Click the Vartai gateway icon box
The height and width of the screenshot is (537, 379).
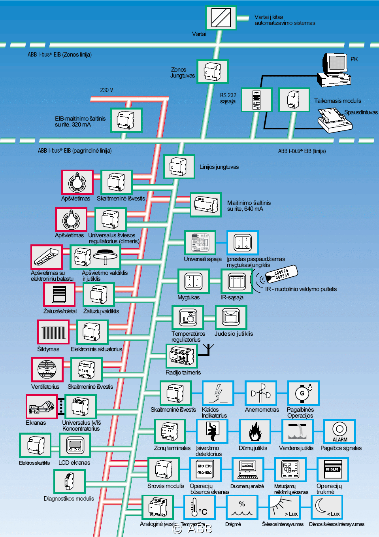pos(221,18)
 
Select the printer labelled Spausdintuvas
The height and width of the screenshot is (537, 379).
pos(334,119)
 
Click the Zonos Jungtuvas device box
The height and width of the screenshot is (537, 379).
pos(213,72)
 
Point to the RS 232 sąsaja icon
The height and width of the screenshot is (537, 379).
pos(256,100)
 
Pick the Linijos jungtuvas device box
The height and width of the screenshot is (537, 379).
pos(179,167)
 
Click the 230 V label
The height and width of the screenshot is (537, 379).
pos(107,90)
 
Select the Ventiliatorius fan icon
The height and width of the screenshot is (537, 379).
pos(47,370)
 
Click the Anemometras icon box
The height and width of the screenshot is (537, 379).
pos(260,393)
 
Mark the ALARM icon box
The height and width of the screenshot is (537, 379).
pos(339,431)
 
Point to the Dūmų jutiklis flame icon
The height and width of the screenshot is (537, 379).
pos(255,431)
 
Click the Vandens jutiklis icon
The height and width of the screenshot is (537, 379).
pos(298,431)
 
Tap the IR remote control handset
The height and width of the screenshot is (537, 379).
pos(281,273)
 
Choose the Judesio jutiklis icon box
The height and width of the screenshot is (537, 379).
pos(231,318)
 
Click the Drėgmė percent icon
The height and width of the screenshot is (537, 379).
pos(242,508)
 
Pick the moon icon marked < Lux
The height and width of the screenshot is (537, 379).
pos(327,508)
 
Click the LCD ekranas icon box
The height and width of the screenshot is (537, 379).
pos(75,445)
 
